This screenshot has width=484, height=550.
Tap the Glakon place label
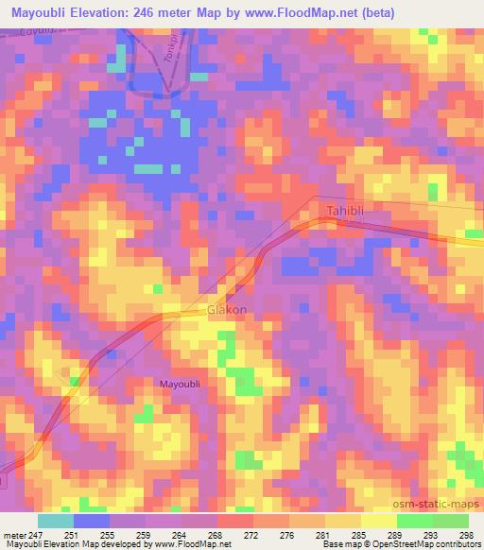tap(227, 311)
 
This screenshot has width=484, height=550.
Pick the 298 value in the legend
tap(466, 535)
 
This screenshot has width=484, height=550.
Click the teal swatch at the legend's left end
tap(56, 521)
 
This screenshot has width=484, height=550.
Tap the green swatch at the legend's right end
tap(450, 521)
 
